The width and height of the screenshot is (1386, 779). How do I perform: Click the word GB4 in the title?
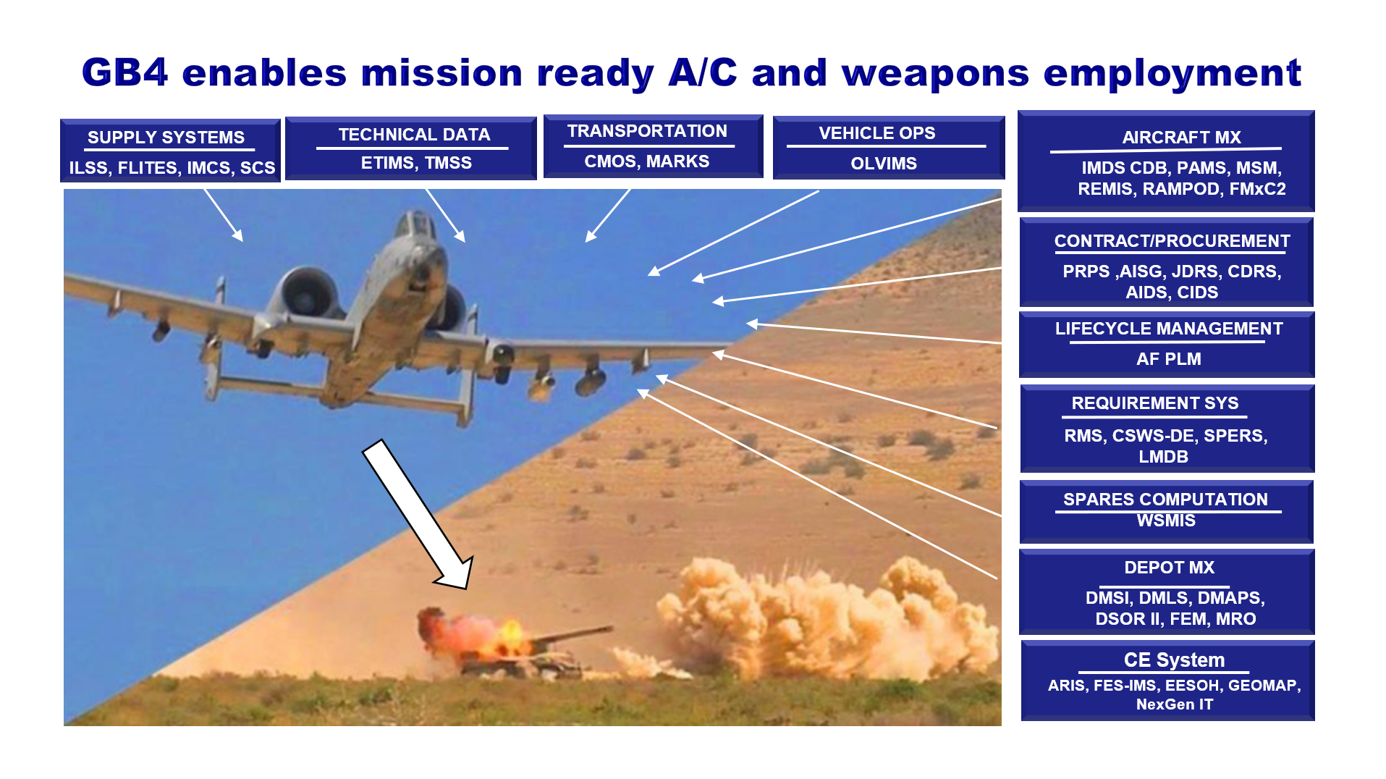pyautogui.click(x=124, y=72)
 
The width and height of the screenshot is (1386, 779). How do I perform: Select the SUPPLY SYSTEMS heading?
pyautogui.click(x=166, y=138)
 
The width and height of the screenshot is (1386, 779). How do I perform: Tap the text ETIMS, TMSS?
pyautogui.click(x=416, y=164)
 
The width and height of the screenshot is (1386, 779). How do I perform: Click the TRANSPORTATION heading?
pyautogui.click(x=647, y=131)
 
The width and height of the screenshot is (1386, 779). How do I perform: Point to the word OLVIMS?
pyautogui.click(x=884, y=164)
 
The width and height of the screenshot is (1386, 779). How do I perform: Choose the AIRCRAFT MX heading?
pyautogui.click(x=1181, y=138)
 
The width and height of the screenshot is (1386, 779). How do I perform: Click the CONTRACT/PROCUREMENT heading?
pyautogui.click(x=1172, y=241)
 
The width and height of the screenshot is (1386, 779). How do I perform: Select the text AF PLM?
pyautogui.click(x=1168, y=359)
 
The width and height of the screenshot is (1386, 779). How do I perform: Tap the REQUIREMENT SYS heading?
pyautogui.click(x=1154, y=403)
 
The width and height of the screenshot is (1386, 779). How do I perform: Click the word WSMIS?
pyautogui.click(x=1166, y=521)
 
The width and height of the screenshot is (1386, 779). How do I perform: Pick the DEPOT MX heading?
pyautogui.click(x=1169, y=568)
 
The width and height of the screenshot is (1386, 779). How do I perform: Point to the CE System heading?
pyautogui.click(x=1174, y=660)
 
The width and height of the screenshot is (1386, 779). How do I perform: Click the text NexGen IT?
pyautogui.click(x=1174, y=704)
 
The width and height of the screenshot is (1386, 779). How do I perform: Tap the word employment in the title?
pyautogui.click(x=1172, y=74)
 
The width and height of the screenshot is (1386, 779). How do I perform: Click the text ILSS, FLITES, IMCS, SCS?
pyautogui.click(x=172, y=168)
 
